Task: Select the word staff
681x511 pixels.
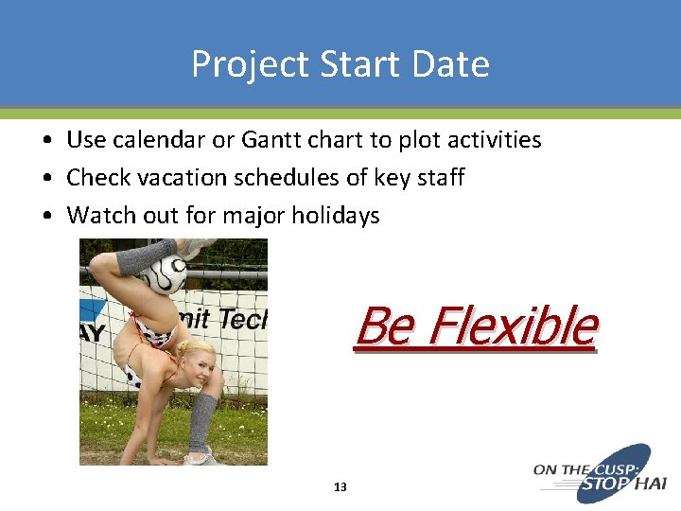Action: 439,178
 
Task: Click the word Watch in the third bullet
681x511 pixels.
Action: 96,216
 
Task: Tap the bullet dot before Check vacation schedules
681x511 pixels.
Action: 46,179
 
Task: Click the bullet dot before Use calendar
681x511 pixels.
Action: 46,141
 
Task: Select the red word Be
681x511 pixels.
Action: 383,326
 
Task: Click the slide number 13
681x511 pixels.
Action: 340,487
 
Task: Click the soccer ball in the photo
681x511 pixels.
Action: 164,275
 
